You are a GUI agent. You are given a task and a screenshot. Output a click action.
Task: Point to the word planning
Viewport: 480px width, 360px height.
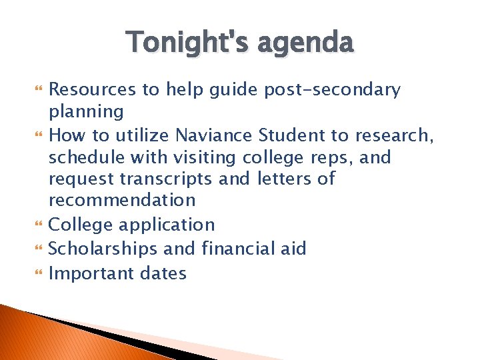pos(86,111)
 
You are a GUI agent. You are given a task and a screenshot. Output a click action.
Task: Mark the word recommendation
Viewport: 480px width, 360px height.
pos(122,200)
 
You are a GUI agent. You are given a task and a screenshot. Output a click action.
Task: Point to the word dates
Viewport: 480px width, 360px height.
pos(162,273)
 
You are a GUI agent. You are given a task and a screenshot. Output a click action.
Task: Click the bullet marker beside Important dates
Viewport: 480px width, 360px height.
pos(37,273)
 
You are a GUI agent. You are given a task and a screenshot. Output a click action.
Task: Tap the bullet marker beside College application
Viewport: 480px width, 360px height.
pos(37,225)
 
